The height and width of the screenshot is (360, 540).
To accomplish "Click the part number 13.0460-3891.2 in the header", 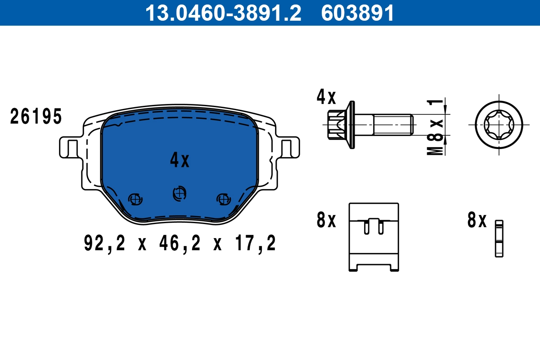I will tap(223, 13).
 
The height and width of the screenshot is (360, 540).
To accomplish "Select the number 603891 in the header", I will tap(358, 13).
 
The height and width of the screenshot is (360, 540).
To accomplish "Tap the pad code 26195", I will tap(36, 117).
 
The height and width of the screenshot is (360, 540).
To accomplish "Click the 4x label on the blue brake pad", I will tap(180, 160).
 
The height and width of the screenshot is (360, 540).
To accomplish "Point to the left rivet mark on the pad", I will tap(135, 198).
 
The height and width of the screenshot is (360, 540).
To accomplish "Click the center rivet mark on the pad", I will tap(179, 193).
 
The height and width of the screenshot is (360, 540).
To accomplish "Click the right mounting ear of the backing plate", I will tap(290, 147).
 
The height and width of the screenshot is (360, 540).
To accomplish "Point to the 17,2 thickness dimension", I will tap(254, 243).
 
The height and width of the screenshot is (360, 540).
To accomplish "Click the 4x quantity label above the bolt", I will tap(326, 97).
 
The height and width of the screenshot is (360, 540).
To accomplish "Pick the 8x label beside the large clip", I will tap(326, 220).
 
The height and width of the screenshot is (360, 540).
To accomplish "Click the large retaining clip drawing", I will tap(374, 237).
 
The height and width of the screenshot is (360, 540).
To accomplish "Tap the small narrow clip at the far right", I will tap(499, 238).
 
